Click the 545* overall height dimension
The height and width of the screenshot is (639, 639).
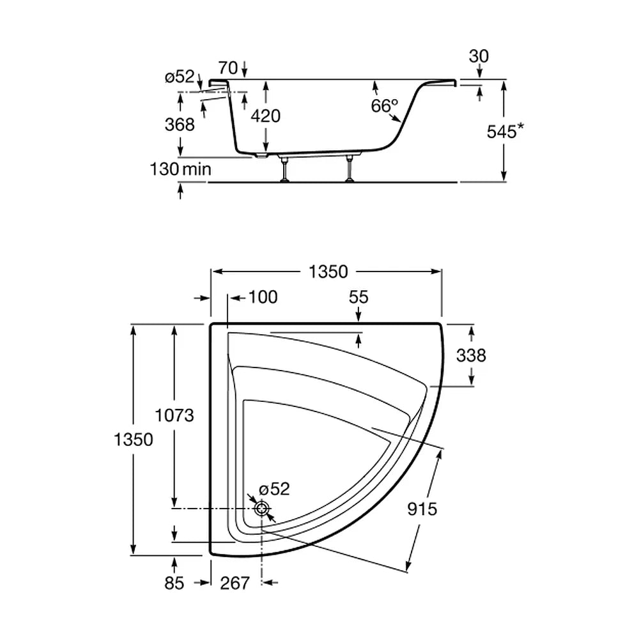(x=505, y=131)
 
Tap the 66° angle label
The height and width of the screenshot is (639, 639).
(x=384, y=106)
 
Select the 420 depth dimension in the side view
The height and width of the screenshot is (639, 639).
(x=265, y=116)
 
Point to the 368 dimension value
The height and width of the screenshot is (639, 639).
(x=180, y=125)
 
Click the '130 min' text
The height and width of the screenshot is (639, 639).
(x=181, y=169)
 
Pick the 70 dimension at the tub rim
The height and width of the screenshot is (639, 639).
(x=228, y=68)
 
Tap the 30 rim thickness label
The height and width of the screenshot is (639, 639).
(x=479, y=56)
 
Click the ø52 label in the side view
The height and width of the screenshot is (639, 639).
(x=180, y=76)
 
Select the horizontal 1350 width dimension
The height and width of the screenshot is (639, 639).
(x=328, y=272)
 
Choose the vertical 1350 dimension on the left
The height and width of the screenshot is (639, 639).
(x=134, y=440)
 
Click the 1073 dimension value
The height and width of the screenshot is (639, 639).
(x=174, y=416)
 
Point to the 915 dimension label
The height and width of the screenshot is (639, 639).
(x=422, y=509)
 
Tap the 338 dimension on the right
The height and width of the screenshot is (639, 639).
(x=471, y=355)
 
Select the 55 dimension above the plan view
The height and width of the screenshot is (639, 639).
(x=358, y=297)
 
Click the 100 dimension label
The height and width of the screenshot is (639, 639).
(x=263, y=297)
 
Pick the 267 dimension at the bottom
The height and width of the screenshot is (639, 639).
(x=235, y=583)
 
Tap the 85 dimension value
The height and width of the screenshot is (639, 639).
(x=174, y=583)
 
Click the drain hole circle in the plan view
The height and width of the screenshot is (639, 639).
(x=261, y=508)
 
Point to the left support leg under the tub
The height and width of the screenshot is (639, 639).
(x=284, y=168)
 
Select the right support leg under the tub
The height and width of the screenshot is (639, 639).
(x=350, y=168)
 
